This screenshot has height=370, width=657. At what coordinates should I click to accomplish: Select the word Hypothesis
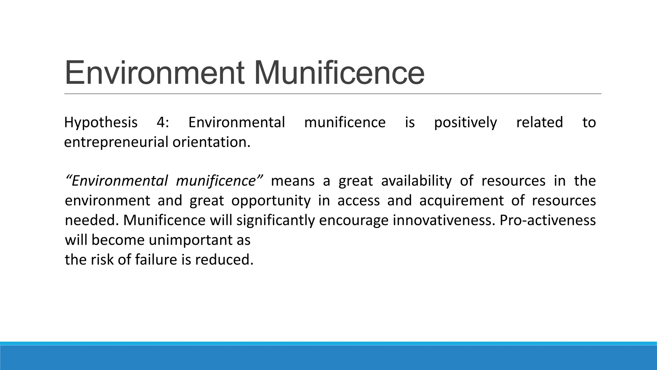[x=101, y=123]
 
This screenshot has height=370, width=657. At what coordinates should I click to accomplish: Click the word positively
[x=465, y=123]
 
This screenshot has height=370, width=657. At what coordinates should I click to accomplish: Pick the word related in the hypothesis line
[x=540, y=123]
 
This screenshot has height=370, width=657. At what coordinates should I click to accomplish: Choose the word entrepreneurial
[x=116, y=142]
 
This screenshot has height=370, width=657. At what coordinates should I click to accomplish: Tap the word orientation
[x=211, y=142]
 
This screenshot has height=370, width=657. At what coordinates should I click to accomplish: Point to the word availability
[x=416, y=181]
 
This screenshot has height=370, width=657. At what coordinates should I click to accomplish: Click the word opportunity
[x=271, y=201]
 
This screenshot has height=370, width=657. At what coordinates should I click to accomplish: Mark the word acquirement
[x=461, y=201]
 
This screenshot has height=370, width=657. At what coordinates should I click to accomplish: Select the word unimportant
[x=191, y=240]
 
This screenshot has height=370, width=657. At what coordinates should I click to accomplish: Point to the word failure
[x=156, y=260]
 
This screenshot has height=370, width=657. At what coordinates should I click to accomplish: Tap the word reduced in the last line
[x=224, y=260]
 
